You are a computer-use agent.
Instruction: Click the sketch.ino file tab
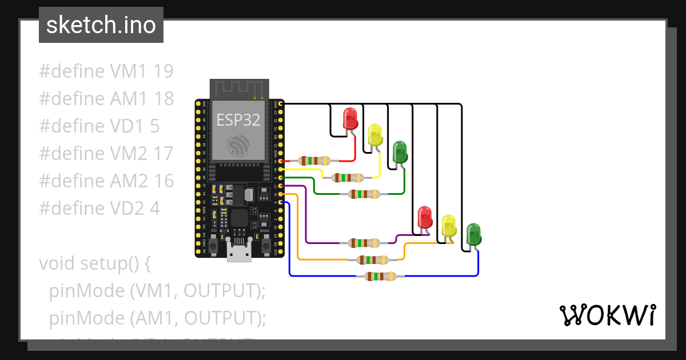[101, 25]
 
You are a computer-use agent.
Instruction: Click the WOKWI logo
[607, 315]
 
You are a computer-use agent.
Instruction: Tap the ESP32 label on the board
[238, 120]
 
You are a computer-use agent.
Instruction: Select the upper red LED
[350, 119]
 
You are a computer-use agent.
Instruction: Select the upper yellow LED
[375, 135]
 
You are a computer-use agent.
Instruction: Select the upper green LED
[400, 151]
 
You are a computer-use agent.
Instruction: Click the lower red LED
[425, 217]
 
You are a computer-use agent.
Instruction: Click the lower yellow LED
[449, 226]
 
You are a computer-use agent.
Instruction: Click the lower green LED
[473, 233]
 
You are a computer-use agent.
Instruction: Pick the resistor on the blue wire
[380, 277]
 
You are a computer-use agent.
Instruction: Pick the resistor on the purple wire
[364, 243]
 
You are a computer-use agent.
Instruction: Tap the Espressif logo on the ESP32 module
[238, 145]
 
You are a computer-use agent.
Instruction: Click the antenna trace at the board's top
[239, 88]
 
